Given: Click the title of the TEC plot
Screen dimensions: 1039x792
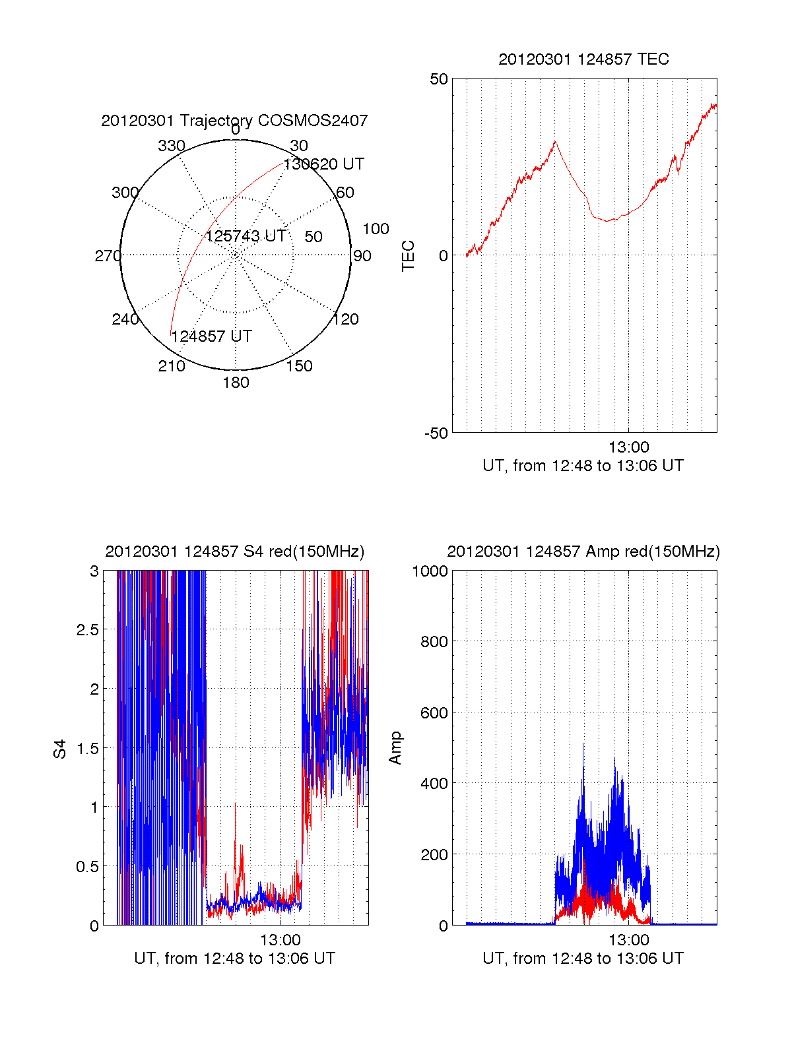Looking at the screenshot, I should pyautogui.click(x=583, y=59).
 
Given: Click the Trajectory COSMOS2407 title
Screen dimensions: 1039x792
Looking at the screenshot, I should pyautogui.click(x=234, y=121).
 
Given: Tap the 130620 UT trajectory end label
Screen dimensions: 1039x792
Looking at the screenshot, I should pyautogui.click(x=324, y=164).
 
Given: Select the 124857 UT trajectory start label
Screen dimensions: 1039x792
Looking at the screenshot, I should pyautogui.click(x=212, y=336).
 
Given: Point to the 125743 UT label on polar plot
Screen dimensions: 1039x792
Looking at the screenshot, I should pyautogui.click(x=246, y=236).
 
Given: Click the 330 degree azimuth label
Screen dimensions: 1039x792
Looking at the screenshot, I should pyautogui.click(x=171, y=146).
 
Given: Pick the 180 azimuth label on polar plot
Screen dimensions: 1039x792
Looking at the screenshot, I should pyautogui.click(x=236, y=383).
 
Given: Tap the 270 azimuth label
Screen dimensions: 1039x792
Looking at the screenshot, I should pyautogui.click(x=108, y=256).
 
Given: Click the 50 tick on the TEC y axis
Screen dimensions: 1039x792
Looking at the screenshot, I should pyautogui.click(x=439, y=79).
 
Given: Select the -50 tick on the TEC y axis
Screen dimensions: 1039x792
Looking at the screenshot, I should pyautogui.click(x=436, y=433).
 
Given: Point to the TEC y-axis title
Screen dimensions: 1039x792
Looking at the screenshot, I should pyautogui.click(x=409, y=255).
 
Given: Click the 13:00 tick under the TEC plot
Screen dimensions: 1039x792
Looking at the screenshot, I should pyautogui.click(x=628, y=447).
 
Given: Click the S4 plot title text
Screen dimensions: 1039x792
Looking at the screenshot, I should pyautogui.click(x=234, y=551).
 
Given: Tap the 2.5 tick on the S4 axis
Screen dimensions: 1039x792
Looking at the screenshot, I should pyautogui.click(x=87, y=630).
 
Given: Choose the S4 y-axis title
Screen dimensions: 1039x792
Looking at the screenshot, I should pyautogui.click(x=60, y=749).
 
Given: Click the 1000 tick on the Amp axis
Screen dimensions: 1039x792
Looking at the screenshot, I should pyautogui.click(x=430, y=571).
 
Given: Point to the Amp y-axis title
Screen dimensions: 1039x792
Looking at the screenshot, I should pyautogui.click(x=395, y=748).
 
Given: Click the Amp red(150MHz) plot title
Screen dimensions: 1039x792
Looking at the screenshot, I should pyautogui.click(x=583, y=551).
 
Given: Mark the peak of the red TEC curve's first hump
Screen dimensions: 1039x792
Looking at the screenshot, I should pyautogui.click(x=555, y=141).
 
